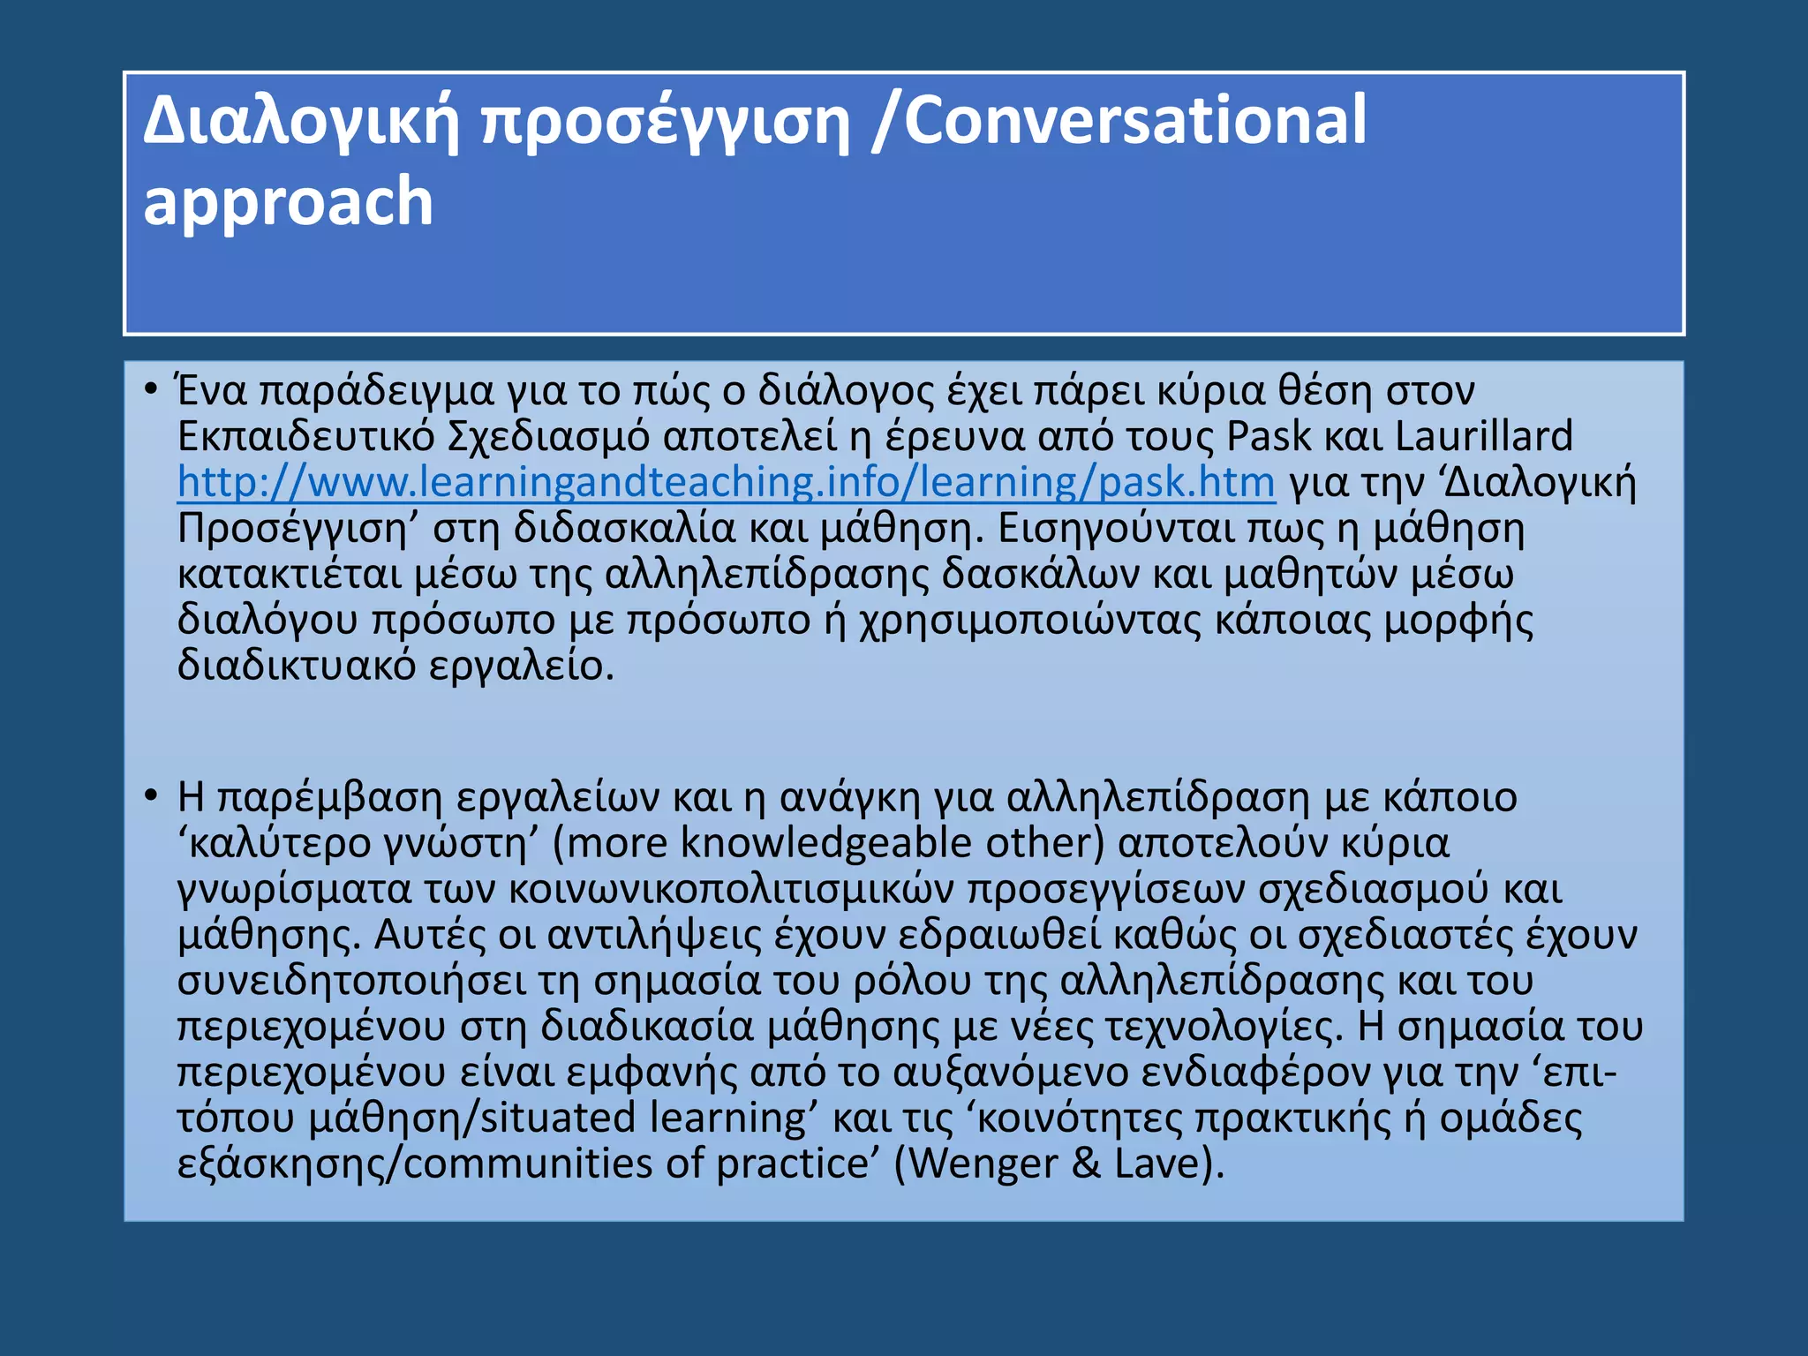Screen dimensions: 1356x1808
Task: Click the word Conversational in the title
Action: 1135,121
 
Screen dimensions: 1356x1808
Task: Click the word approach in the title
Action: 288,202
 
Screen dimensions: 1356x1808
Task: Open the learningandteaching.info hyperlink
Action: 726,483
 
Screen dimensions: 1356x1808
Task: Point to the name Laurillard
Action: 1483,437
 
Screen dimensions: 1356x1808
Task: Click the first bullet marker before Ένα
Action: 151,389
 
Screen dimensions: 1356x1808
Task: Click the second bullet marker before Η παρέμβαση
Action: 151,796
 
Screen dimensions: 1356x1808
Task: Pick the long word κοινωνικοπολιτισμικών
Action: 731,889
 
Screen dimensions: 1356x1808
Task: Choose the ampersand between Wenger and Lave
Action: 1086,1164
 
